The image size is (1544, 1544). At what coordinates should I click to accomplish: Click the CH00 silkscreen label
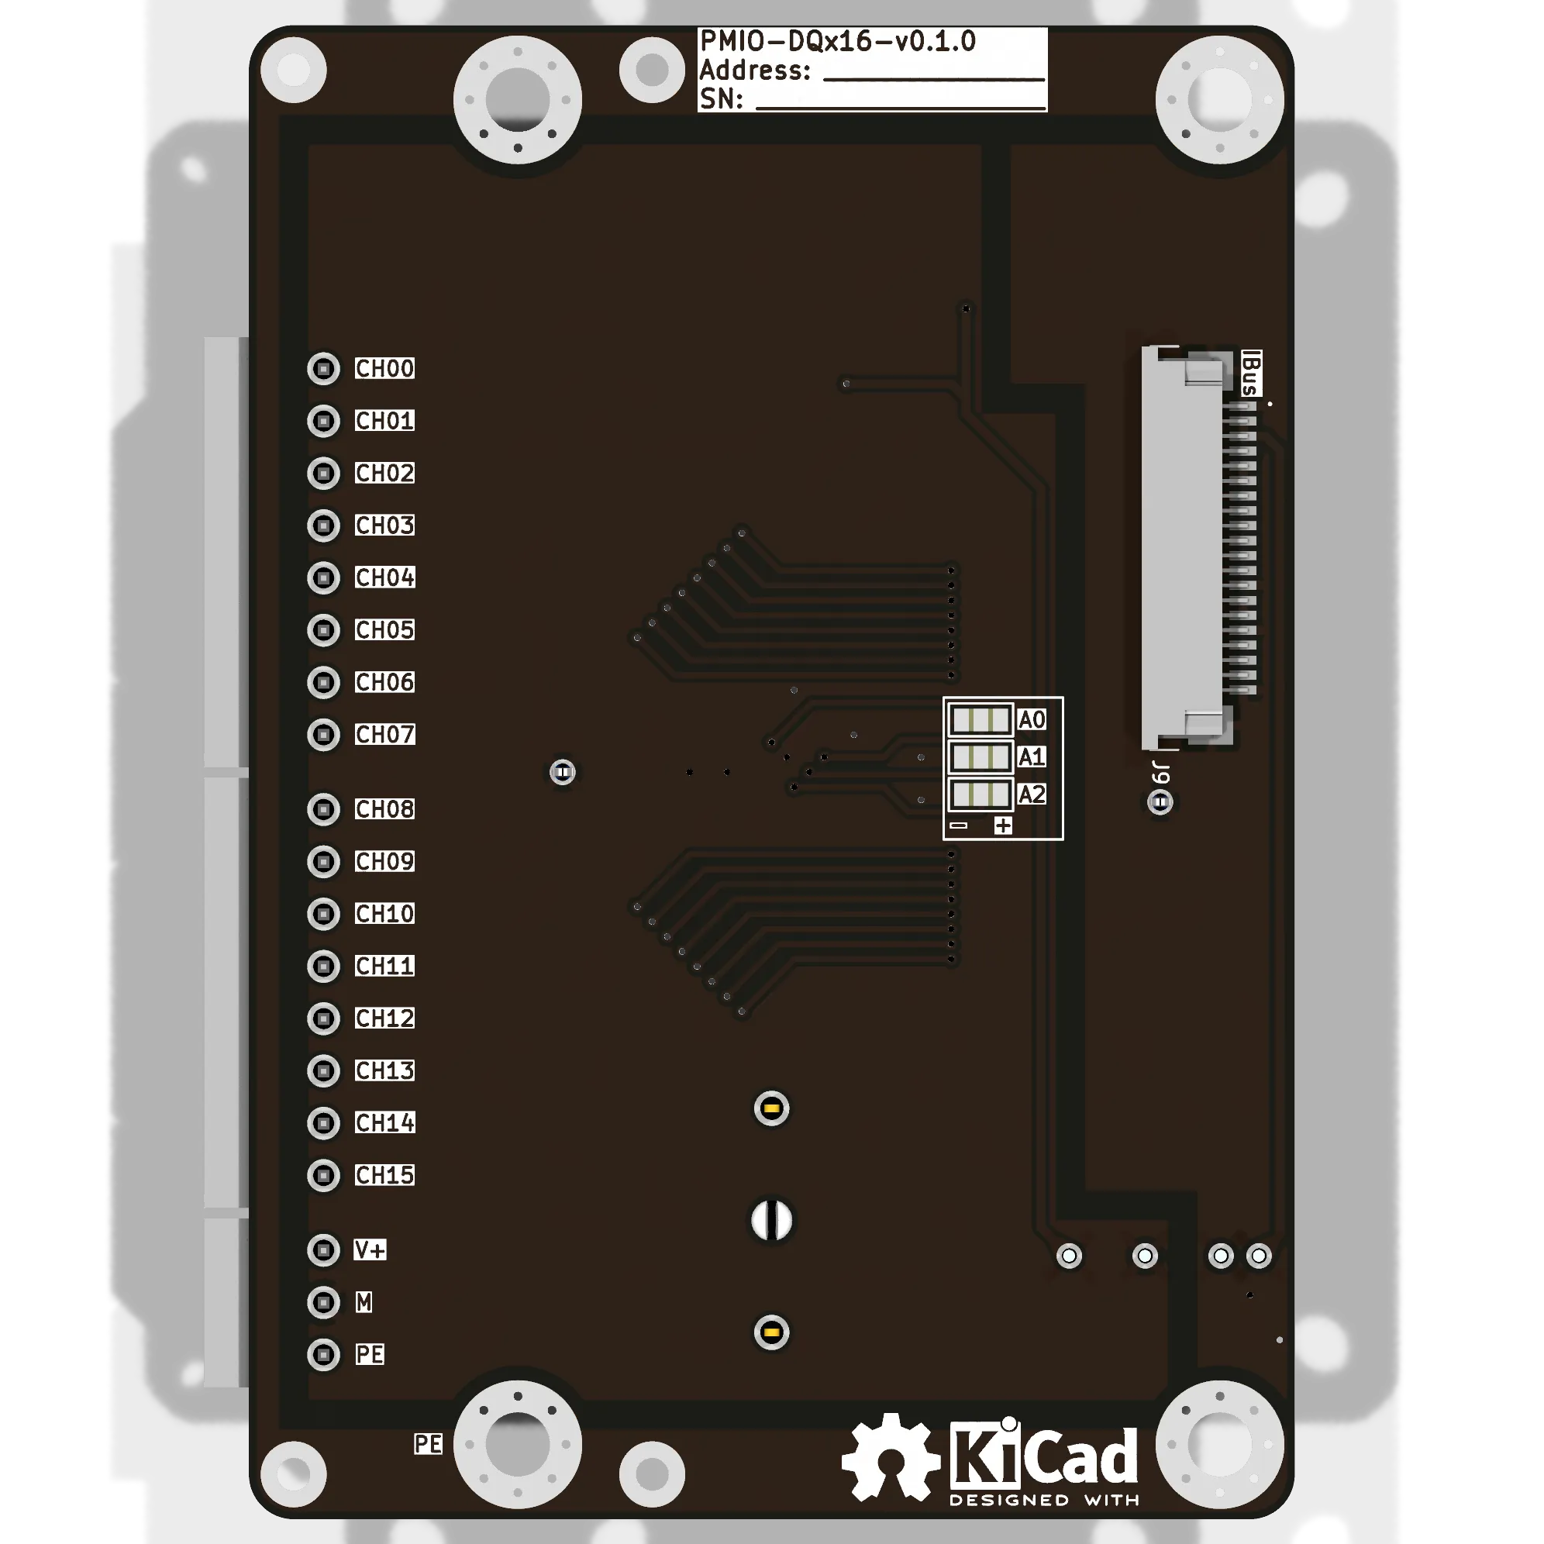(x=384, y=368)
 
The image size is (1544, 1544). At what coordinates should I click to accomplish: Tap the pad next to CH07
(x=324, y=735)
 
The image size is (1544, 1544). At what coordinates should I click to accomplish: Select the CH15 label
(x=384, y=1175)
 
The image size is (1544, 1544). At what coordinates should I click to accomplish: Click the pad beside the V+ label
(x=324, y=1250)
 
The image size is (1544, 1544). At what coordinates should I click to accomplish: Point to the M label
(x=364, y=1302)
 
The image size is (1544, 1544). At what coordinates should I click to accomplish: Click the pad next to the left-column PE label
(x=324, y=1355)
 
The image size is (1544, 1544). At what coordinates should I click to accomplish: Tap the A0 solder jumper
(x=980, y=720)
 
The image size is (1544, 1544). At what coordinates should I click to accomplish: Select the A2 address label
(x=1031, y=794)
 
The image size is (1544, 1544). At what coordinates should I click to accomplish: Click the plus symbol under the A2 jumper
(x=1003, y=825)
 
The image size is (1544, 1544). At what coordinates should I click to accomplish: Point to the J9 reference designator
(x=1161, y=773)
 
